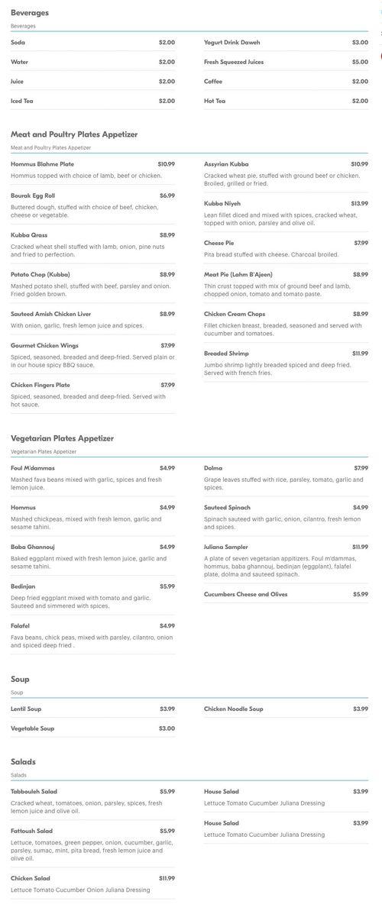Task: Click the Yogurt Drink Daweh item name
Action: (x=231, y=43)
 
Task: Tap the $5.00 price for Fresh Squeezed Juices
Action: (x=359, y=62)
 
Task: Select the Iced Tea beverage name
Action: (x=22, y=101)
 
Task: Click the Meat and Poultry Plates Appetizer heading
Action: (x=74, y=134)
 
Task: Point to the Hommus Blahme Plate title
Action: (x=42, y=164)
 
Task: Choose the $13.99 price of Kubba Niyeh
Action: (x=359, y=204)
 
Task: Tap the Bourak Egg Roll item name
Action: (x=33, y=195)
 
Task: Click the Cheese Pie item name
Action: (x=219, y=243)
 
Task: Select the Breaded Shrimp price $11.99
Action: (x=359, y=354)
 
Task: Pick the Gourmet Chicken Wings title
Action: (x=44, y=345)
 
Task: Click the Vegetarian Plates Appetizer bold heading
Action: (x=62, y=438)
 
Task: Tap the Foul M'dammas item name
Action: (x=33, y=468)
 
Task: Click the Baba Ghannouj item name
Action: (x=33, y=547)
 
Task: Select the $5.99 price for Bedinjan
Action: (x=167, y=586)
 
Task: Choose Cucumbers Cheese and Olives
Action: (x=245, y=594)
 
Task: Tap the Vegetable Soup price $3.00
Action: (x=167, y=728)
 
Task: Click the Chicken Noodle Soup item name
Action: (x=233, y=709)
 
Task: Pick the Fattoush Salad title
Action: (x=31, y=831)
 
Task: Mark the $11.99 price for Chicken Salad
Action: (x=167, y=878)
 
